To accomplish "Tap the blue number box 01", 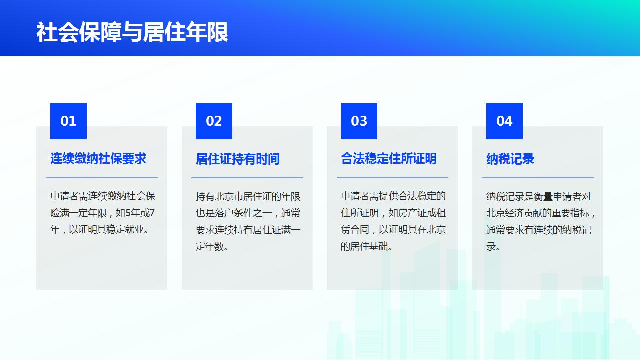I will tap(68, 121).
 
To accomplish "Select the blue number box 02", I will tap(214, 121).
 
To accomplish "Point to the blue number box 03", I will tap(359, 121).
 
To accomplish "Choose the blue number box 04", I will tap(504, 121).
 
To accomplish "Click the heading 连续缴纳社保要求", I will tap(98, 159).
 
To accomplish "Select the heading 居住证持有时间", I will tap(237, 159).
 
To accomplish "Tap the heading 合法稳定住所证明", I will tap(389, 159).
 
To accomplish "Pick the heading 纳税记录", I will tap(510, 159).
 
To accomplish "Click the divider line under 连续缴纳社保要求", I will tap(102, 178).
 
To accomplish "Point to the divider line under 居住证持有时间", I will tap(247, 178).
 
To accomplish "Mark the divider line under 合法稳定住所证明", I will tap(392, 178).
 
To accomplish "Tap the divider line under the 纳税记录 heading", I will tap(538, 178).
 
